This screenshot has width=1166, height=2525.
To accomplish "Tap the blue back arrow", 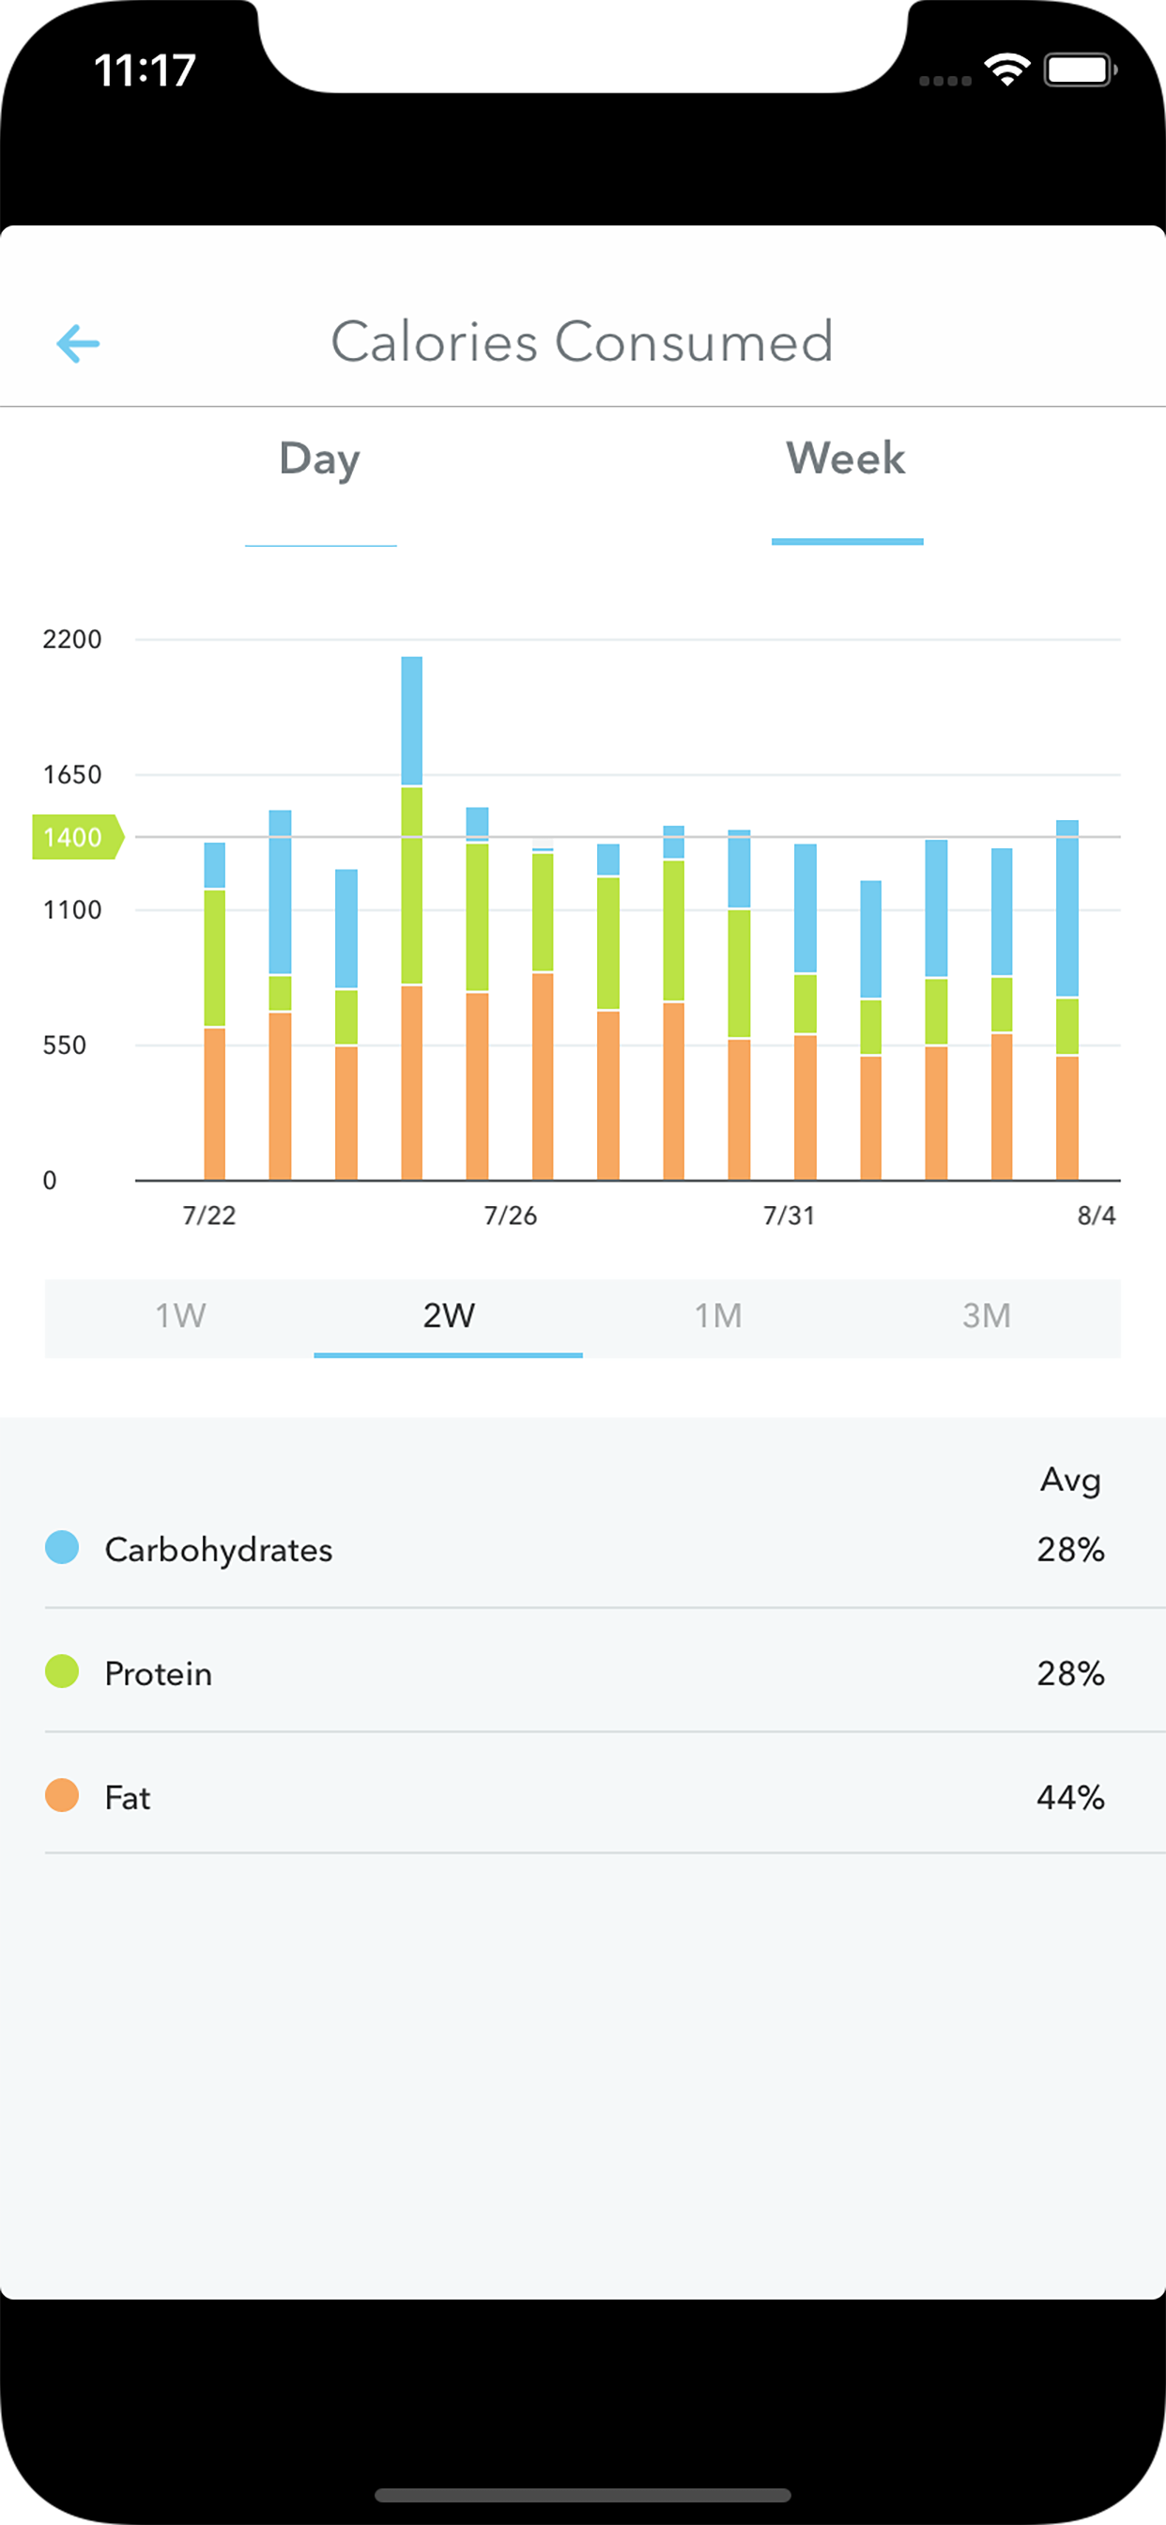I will tap(78, 344).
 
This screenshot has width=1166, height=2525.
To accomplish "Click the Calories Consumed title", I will tap(582, 342).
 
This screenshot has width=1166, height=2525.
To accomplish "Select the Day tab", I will tap(319, 458).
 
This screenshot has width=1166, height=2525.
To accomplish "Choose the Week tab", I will tap(846, 458).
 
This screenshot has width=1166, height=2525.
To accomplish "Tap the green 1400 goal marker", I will tap(74, 837).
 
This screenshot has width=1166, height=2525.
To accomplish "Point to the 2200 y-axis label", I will tap(71, 640).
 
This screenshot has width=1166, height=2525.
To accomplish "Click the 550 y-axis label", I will tap(65, 1046).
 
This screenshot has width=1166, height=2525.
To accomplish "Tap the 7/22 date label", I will tap(208, 1216).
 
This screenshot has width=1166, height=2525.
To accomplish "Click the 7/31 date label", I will tap(789, 1216).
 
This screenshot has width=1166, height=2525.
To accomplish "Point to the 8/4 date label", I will tap(1096, 1216).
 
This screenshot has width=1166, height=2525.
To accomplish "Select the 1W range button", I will tap(180, 1315).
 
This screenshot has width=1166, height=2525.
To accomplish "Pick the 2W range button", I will tap(449, 1315).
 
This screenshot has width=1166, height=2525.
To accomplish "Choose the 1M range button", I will tap(717, 1315).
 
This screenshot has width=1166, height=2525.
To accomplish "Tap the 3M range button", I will tap(986, 1315).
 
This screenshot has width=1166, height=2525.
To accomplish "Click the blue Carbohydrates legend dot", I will tap(62, 1548).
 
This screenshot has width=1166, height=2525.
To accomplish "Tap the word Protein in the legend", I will tap(159, 1673).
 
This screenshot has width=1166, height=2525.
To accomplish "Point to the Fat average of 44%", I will tap(1070, 1798).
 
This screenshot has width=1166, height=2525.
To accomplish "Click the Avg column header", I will tap(1070, 1479).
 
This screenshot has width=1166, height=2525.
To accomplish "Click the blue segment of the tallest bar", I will tap(411, 720).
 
